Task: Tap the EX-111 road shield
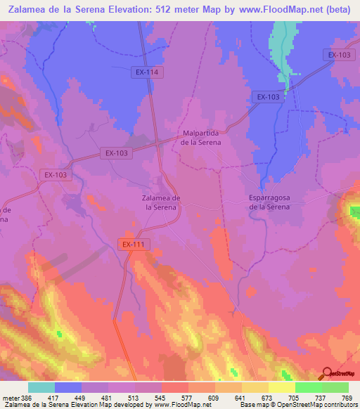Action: [132, 244]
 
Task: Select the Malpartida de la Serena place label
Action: [201, 137]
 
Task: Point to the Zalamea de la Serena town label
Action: [156, 202]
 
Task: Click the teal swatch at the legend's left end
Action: [41, 387]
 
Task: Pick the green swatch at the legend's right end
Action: [335, 387]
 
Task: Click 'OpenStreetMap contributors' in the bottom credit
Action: [315, 404]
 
